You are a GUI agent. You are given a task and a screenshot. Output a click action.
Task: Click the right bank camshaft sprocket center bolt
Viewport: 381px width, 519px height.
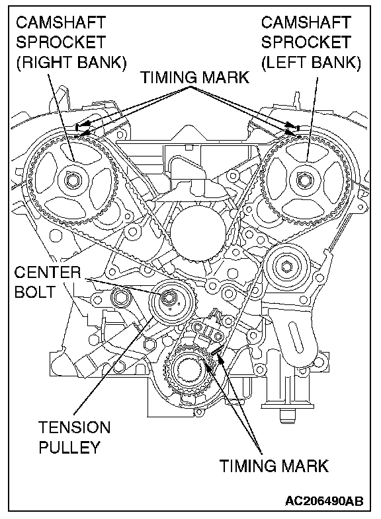click(x=73, y=180)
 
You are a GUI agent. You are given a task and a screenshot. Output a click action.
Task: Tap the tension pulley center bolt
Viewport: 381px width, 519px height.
click(x=168, y=298)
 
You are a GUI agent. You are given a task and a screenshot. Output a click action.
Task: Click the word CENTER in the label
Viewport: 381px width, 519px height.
click(x=48, y=273)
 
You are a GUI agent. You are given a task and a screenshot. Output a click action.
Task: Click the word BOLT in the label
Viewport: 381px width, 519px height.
click(x=35, y=292)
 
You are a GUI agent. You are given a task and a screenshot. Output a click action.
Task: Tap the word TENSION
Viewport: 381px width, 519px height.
click(x=74, y=427)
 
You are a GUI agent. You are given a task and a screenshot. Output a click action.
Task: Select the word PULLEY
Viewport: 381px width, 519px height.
click(x=69, y=447)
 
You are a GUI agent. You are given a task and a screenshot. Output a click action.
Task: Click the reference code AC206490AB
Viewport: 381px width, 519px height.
click(x=324, y=501)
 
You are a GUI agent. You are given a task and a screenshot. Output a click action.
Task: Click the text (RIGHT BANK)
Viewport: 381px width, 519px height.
click(x=71, y=63)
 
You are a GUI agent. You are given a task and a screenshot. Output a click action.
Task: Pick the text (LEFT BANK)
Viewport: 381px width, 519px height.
click(x=311, y=63)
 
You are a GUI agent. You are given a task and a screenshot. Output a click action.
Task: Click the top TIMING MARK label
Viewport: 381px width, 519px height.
click(x=195, y=77)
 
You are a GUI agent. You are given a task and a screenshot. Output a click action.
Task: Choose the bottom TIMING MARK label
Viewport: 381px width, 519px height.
click(x=274, y=466)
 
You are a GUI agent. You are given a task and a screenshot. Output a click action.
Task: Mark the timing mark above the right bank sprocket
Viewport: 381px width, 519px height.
click(x=77, y=127)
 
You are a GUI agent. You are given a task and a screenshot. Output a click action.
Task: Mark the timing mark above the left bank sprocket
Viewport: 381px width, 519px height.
click(x=298, y=127)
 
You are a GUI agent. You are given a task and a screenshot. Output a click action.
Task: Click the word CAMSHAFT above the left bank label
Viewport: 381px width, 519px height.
click(x=306, y=22)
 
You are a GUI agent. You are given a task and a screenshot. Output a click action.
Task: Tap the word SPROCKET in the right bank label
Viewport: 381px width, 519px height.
click(x=61, y=42)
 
